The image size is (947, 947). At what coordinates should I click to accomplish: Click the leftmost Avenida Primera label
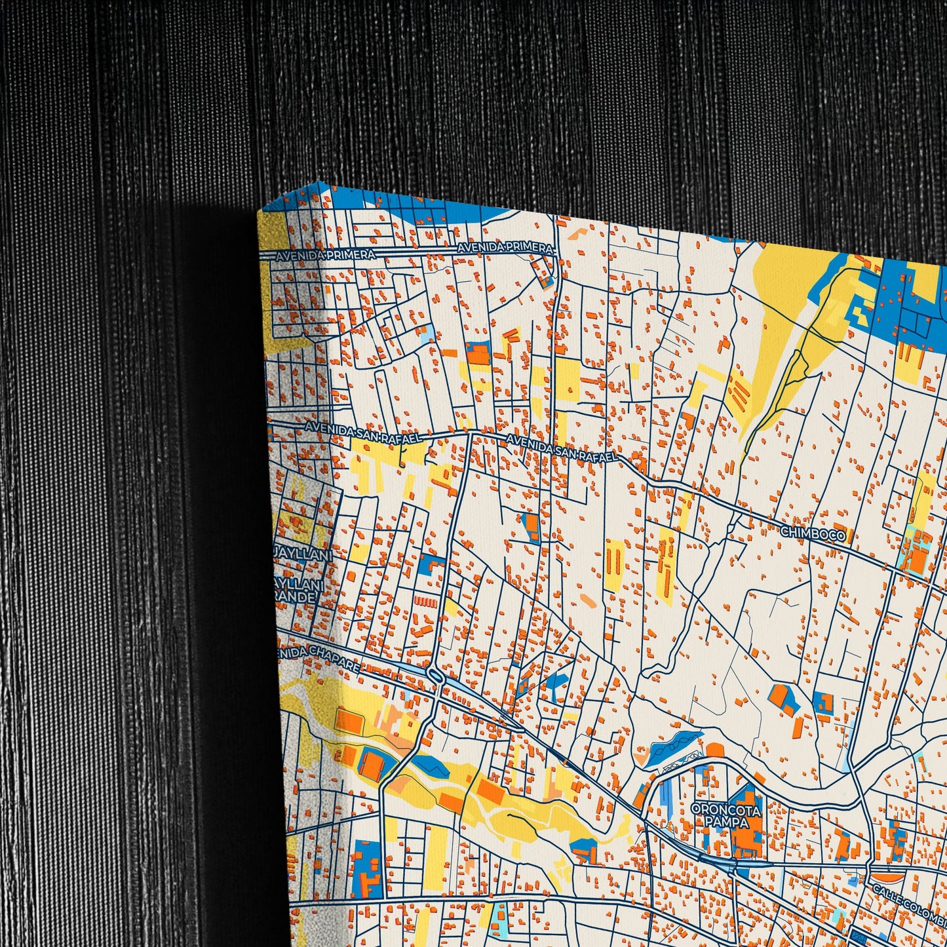pos(326,254)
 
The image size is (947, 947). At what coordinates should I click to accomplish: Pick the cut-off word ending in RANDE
pos(296,596)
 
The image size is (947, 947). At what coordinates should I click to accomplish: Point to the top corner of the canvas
pos(319,183)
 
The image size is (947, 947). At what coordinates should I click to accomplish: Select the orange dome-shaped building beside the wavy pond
pos(713,748)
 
